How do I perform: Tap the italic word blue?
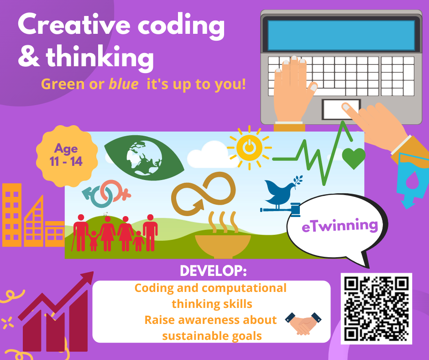coord(123,84)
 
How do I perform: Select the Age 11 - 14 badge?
coord(67,156)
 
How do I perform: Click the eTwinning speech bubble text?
coord(340,226)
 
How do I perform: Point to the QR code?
coord(376,308)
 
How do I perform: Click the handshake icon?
coord(303,323)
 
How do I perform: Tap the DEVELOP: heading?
coord(213,270)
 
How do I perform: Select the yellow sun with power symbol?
coord(249,148)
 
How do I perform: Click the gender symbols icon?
coord(107,193)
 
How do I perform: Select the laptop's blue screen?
coord(341,35)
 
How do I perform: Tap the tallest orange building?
coord(12,215)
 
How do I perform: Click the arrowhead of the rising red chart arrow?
coord(86,279)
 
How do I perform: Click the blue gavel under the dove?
coord(280,209)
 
